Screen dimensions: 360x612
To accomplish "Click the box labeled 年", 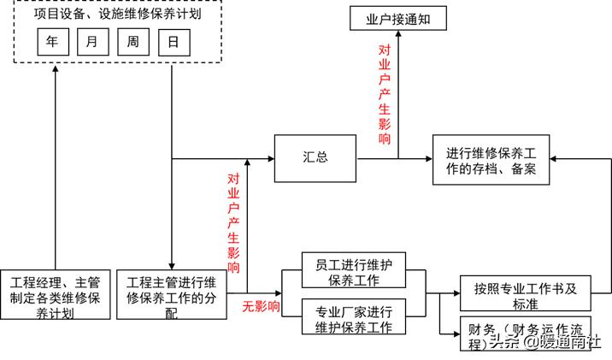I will [52, 41].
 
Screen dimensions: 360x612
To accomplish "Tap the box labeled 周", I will [132, 41].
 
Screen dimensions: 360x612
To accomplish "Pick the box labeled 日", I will [174, 41].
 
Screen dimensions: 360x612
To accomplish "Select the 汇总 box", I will [315, 158].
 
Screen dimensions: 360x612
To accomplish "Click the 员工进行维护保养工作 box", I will [353, 269].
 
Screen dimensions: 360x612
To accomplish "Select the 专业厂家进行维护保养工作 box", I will [353, 317].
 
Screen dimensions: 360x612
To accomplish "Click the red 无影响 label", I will [262, 305].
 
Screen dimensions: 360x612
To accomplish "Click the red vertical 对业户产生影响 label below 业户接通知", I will [385, 94].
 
